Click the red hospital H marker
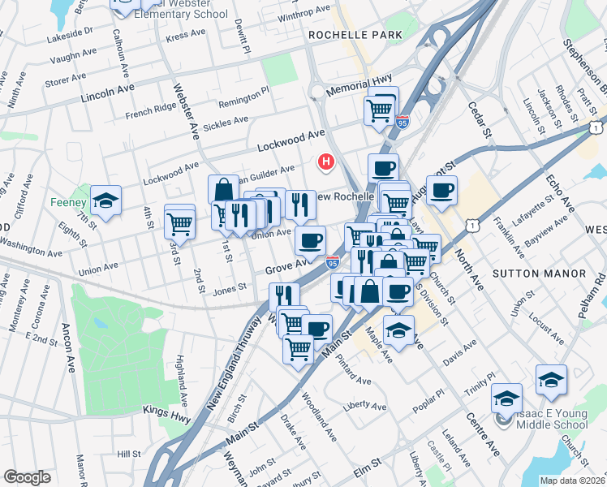[x=327, y=162]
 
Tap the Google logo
[x=27, y=477]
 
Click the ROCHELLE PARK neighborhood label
[x=355, y=36]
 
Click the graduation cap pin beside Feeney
[x=105, y=200]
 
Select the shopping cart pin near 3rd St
[x=179, y=222]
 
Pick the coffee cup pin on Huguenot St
[x=441, y=192]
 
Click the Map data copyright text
[x=572, y=481]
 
